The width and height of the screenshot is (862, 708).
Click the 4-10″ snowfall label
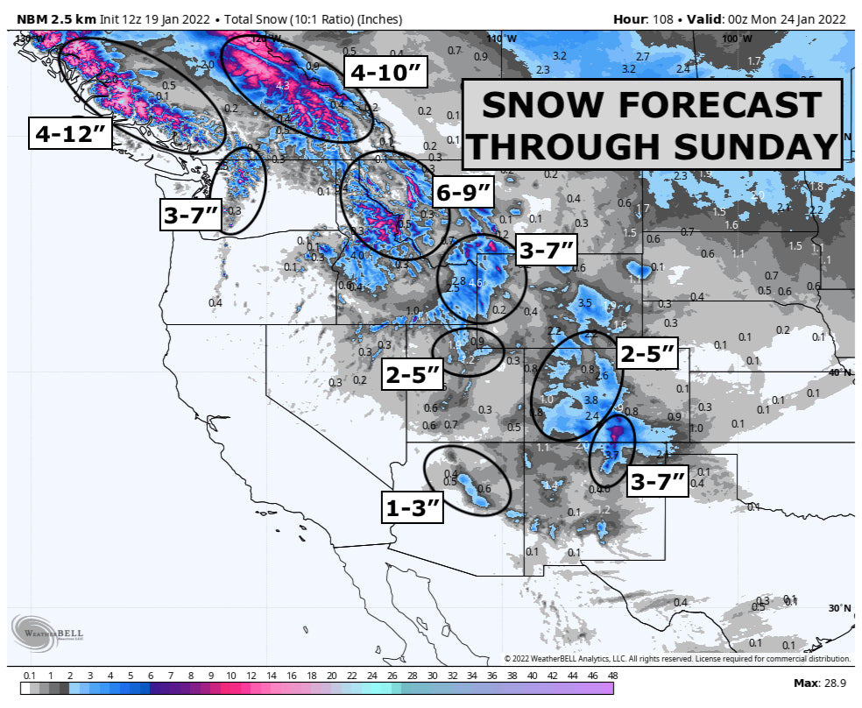point(387,73)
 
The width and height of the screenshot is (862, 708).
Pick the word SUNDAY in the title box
point(760,145)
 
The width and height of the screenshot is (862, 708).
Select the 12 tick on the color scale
point(251,676)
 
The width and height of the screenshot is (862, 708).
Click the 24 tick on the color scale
point(371,676)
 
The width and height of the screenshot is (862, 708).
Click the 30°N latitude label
point(839,608)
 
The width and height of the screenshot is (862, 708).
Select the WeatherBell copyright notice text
point(676,658)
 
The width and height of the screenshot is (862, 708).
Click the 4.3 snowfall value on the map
point(282,86)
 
